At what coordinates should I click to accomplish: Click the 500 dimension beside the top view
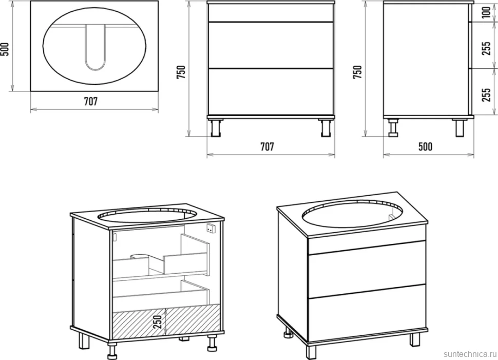pyautogui.click(x=6, y=49)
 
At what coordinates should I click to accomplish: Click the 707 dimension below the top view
pyautogui.click(x=91, y=101)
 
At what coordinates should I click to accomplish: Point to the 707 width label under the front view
pyautogui.click(x=267, y=146)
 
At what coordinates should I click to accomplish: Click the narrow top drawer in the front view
pyautogui.click(x=271, y=13)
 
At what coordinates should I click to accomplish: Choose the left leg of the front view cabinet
pyautogui.click(x=216, y=128)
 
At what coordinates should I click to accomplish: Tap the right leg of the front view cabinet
pyautogui.click(x=326, y=128)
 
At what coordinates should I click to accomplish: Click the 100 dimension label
pyautogui.click(x=486, y=12)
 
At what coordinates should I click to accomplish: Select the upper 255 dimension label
pyautogui.click(x=486, y=48)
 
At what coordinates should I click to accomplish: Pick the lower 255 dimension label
pyautogui.click(x=486, y=94)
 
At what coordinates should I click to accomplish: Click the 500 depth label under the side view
pyautogui.click(x=425, y=146)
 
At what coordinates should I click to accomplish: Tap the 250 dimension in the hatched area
pyautogui.click(x=158, y=321)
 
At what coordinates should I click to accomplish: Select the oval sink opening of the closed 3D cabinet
pyautogui.click(x=352, y=214)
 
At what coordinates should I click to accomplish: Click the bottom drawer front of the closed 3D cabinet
pyautogui.click(x=367, y=313)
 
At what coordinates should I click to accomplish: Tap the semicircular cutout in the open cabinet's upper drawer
pyautogui.click(x=139, y=256)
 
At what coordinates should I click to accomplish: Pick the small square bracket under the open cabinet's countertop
pyautogui.click(x=211, y=228)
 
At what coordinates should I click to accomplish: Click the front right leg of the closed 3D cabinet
pyautogui.click(x=414, y=339)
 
